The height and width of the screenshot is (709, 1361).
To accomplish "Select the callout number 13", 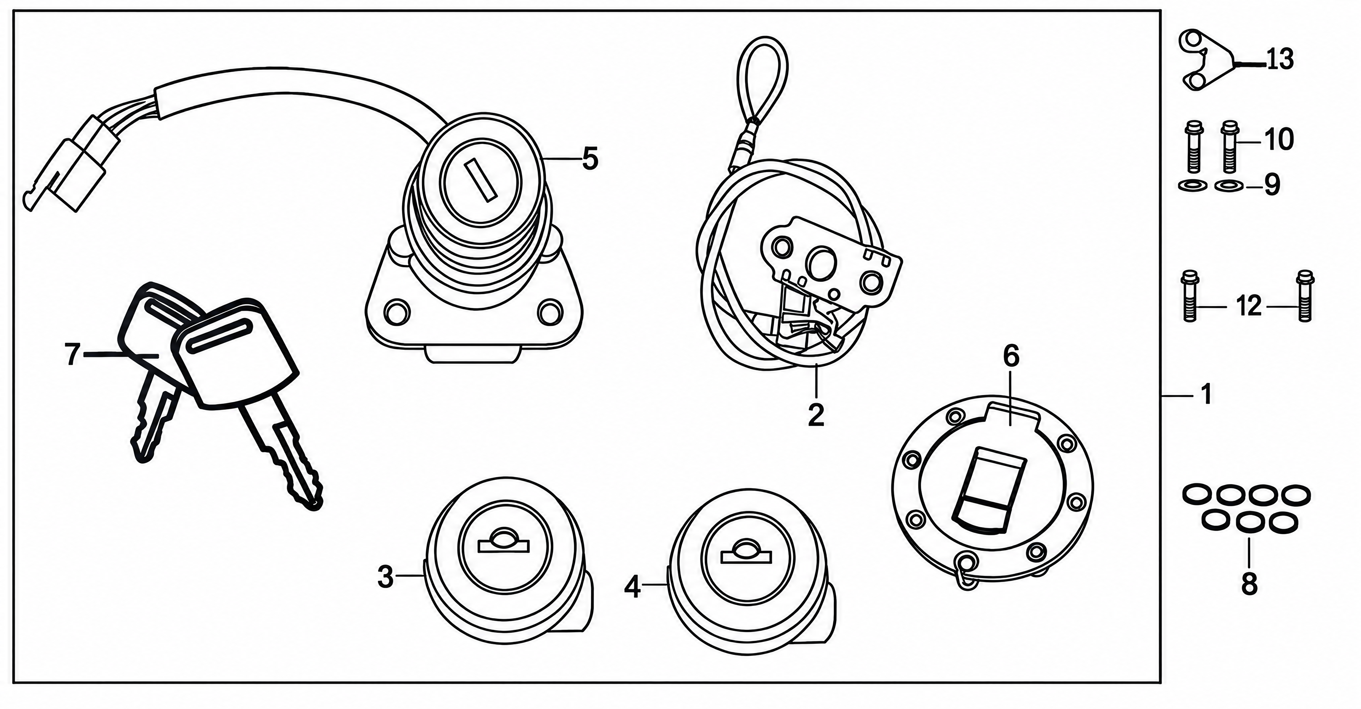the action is click(x=1279, y=59).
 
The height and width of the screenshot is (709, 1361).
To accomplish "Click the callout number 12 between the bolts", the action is click(x=1249, y=306).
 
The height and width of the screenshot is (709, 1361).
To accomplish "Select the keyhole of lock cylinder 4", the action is click(x=745, y=553).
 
